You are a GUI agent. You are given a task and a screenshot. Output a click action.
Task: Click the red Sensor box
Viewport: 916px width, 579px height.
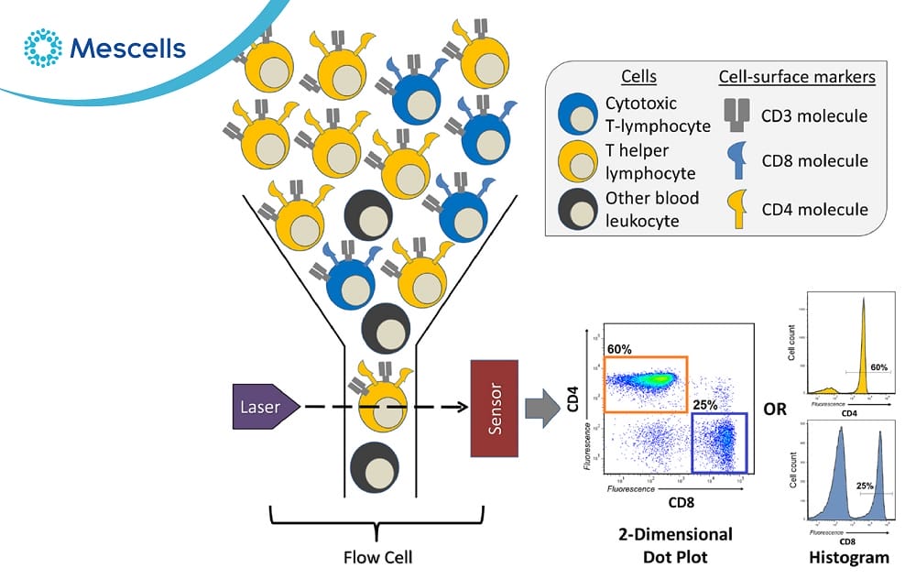click(494, 407)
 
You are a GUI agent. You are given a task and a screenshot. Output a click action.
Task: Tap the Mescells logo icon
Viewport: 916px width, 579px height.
click(42, 48)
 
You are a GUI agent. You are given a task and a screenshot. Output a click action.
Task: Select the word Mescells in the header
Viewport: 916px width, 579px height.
click(128, 48)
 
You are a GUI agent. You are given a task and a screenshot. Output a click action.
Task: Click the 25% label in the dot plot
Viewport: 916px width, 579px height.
click(706, 404)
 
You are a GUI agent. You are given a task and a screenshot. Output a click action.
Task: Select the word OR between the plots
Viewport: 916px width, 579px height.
click(776, 409)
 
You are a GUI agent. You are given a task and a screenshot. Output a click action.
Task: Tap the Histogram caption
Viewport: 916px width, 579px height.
click(848, 556)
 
